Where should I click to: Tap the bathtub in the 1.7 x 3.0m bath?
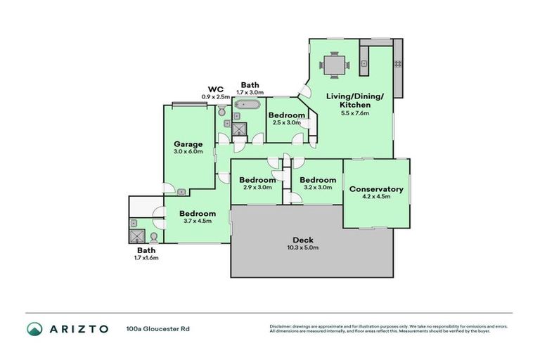tap(247, 107)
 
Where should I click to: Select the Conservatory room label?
tap(376, 189)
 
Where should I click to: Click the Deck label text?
tap(302, 240)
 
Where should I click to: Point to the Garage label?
tap(188, 143)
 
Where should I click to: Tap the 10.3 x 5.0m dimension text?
tap(302, 247)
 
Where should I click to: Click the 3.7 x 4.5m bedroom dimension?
tap(197, 221)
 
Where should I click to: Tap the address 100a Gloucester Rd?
tap(157, 328)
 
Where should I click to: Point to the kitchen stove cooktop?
tap(398, 64)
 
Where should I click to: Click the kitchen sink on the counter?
tap(364, 64)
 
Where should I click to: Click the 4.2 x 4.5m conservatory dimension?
tap(376, 197)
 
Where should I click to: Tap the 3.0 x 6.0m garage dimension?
tap(188, 151)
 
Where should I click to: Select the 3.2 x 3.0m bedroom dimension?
tap(316, 187)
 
